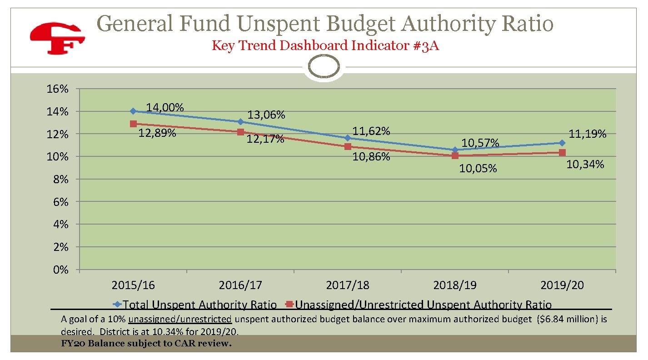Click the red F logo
pos(57,39)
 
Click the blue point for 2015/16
pos(133,111)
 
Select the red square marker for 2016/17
pos(240,132)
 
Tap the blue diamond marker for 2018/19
pos(455,150)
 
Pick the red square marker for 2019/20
pos(562,153)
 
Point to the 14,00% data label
pos(164,108)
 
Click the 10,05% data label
pos(478,169)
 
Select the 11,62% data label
pos(371,131)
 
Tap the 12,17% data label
pos(265,139)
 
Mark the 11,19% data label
pos(588,134)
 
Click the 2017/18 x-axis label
pos(348,285)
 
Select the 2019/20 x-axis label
pos(562,285)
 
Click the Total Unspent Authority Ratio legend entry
pos(195,305)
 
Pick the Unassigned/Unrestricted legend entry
pos(418,305)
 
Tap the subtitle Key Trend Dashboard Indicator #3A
pos(325,46)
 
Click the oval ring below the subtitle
pos(324,67)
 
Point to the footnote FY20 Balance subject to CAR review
pos(146,343)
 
